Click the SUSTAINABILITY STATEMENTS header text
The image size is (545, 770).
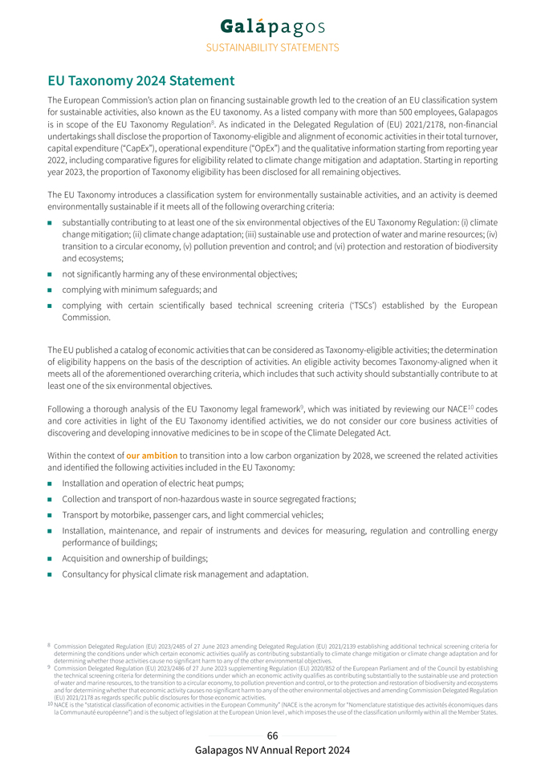pos(272,48)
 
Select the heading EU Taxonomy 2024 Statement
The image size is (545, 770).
pos(140,81)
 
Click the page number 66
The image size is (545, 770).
pos(272,736)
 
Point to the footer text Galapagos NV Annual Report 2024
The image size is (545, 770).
pos(272,750)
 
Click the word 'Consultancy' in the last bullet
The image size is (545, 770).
pos(88,573)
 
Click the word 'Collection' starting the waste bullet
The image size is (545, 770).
pos(84,499)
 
